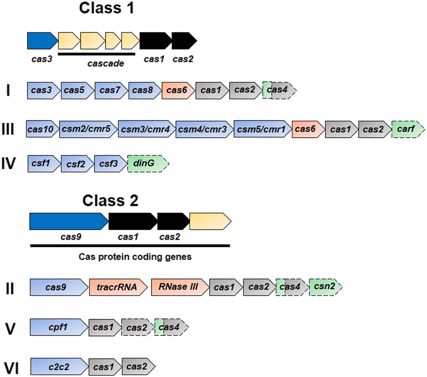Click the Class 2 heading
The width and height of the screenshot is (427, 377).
[110, 200]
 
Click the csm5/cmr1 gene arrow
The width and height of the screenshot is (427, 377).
[262, 129]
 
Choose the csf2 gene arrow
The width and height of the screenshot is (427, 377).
[76, 163]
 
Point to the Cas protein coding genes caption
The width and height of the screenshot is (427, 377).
[129, 257]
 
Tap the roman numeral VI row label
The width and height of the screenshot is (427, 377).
[12, 367]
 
